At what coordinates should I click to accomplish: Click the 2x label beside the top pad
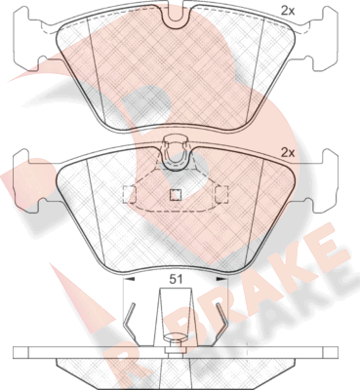tap(289, 11)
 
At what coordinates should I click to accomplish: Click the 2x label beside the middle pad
tap(288, 152)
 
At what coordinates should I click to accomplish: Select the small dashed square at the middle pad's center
tap(176, 193)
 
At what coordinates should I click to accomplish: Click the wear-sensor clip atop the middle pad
tap(177, 151)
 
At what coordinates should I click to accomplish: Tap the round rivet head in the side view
tap(177, 340)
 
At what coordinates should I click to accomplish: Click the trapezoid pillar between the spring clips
tap(176, 312)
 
